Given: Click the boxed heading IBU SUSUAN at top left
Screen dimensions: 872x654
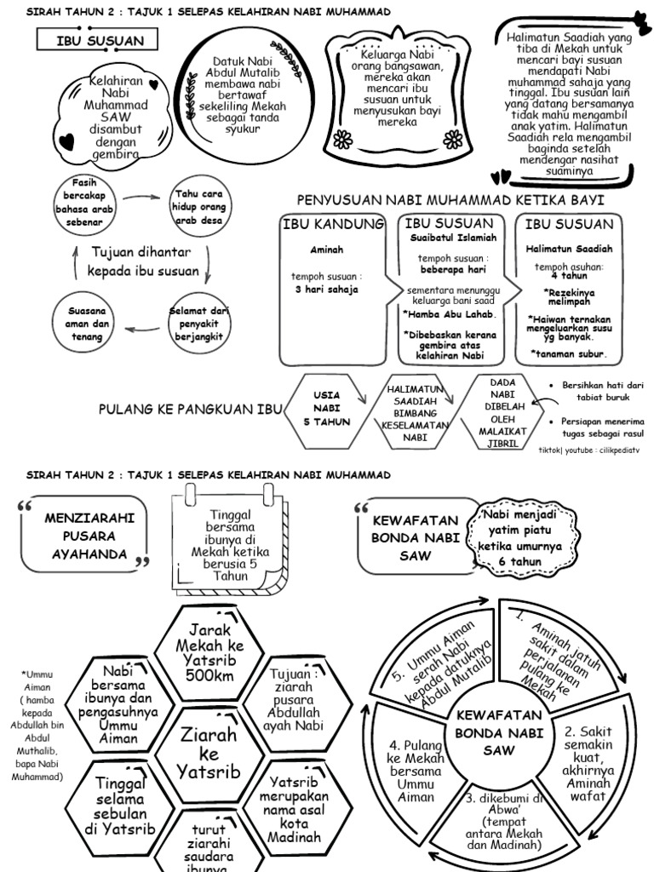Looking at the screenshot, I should point(100,41).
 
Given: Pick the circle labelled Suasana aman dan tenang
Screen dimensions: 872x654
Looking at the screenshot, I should point(87,324).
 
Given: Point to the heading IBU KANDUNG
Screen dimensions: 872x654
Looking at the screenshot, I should point(333,224).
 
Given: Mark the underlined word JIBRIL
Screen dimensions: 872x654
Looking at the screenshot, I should point(502,443).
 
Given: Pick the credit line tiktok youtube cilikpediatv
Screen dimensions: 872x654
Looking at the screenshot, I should point(588,449).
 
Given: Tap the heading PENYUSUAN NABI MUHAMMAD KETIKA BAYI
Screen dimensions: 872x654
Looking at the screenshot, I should point(450,200).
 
